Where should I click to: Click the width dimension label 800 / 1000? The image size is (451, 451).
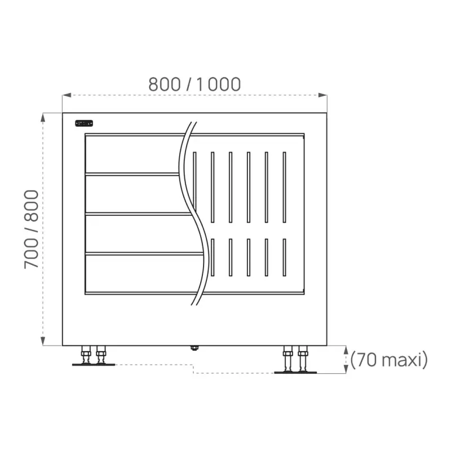(194, 84)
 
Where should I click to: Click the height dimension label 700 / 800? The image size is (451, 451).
(31, 229)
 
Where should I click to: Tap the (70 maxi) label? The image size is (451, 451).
(389, 360)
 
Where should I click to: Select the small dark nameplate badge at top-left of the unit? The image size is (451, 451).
(84, 123)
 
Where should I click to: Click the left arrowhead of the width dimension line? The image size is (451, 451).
(67, 95)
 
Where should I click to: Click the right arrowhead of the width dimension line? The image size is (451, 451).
(322, 95)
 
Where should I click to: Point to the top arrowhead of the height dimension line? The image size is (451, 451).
(43, 117)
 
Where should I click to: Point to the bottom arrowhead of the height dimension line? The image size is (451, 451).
(43, 341)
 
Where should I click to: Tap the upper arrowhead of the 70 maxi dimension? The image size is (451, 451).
(346, 350)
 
